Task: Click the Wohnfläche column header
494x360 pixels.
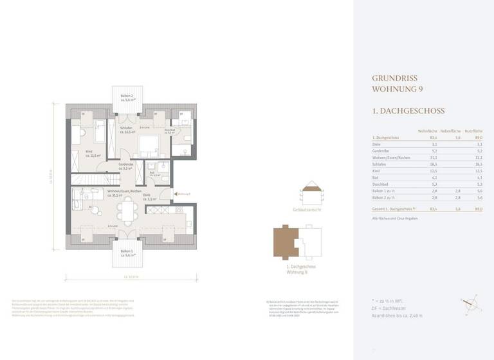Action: click(428, 130)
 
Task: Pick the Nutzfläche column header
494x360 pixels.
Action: click(474, 130)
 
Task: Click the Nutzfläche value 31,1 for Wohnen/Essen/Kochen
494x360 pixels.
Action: click(476, 157)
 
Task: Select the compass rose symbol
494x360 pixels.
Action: click(468, 305)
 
